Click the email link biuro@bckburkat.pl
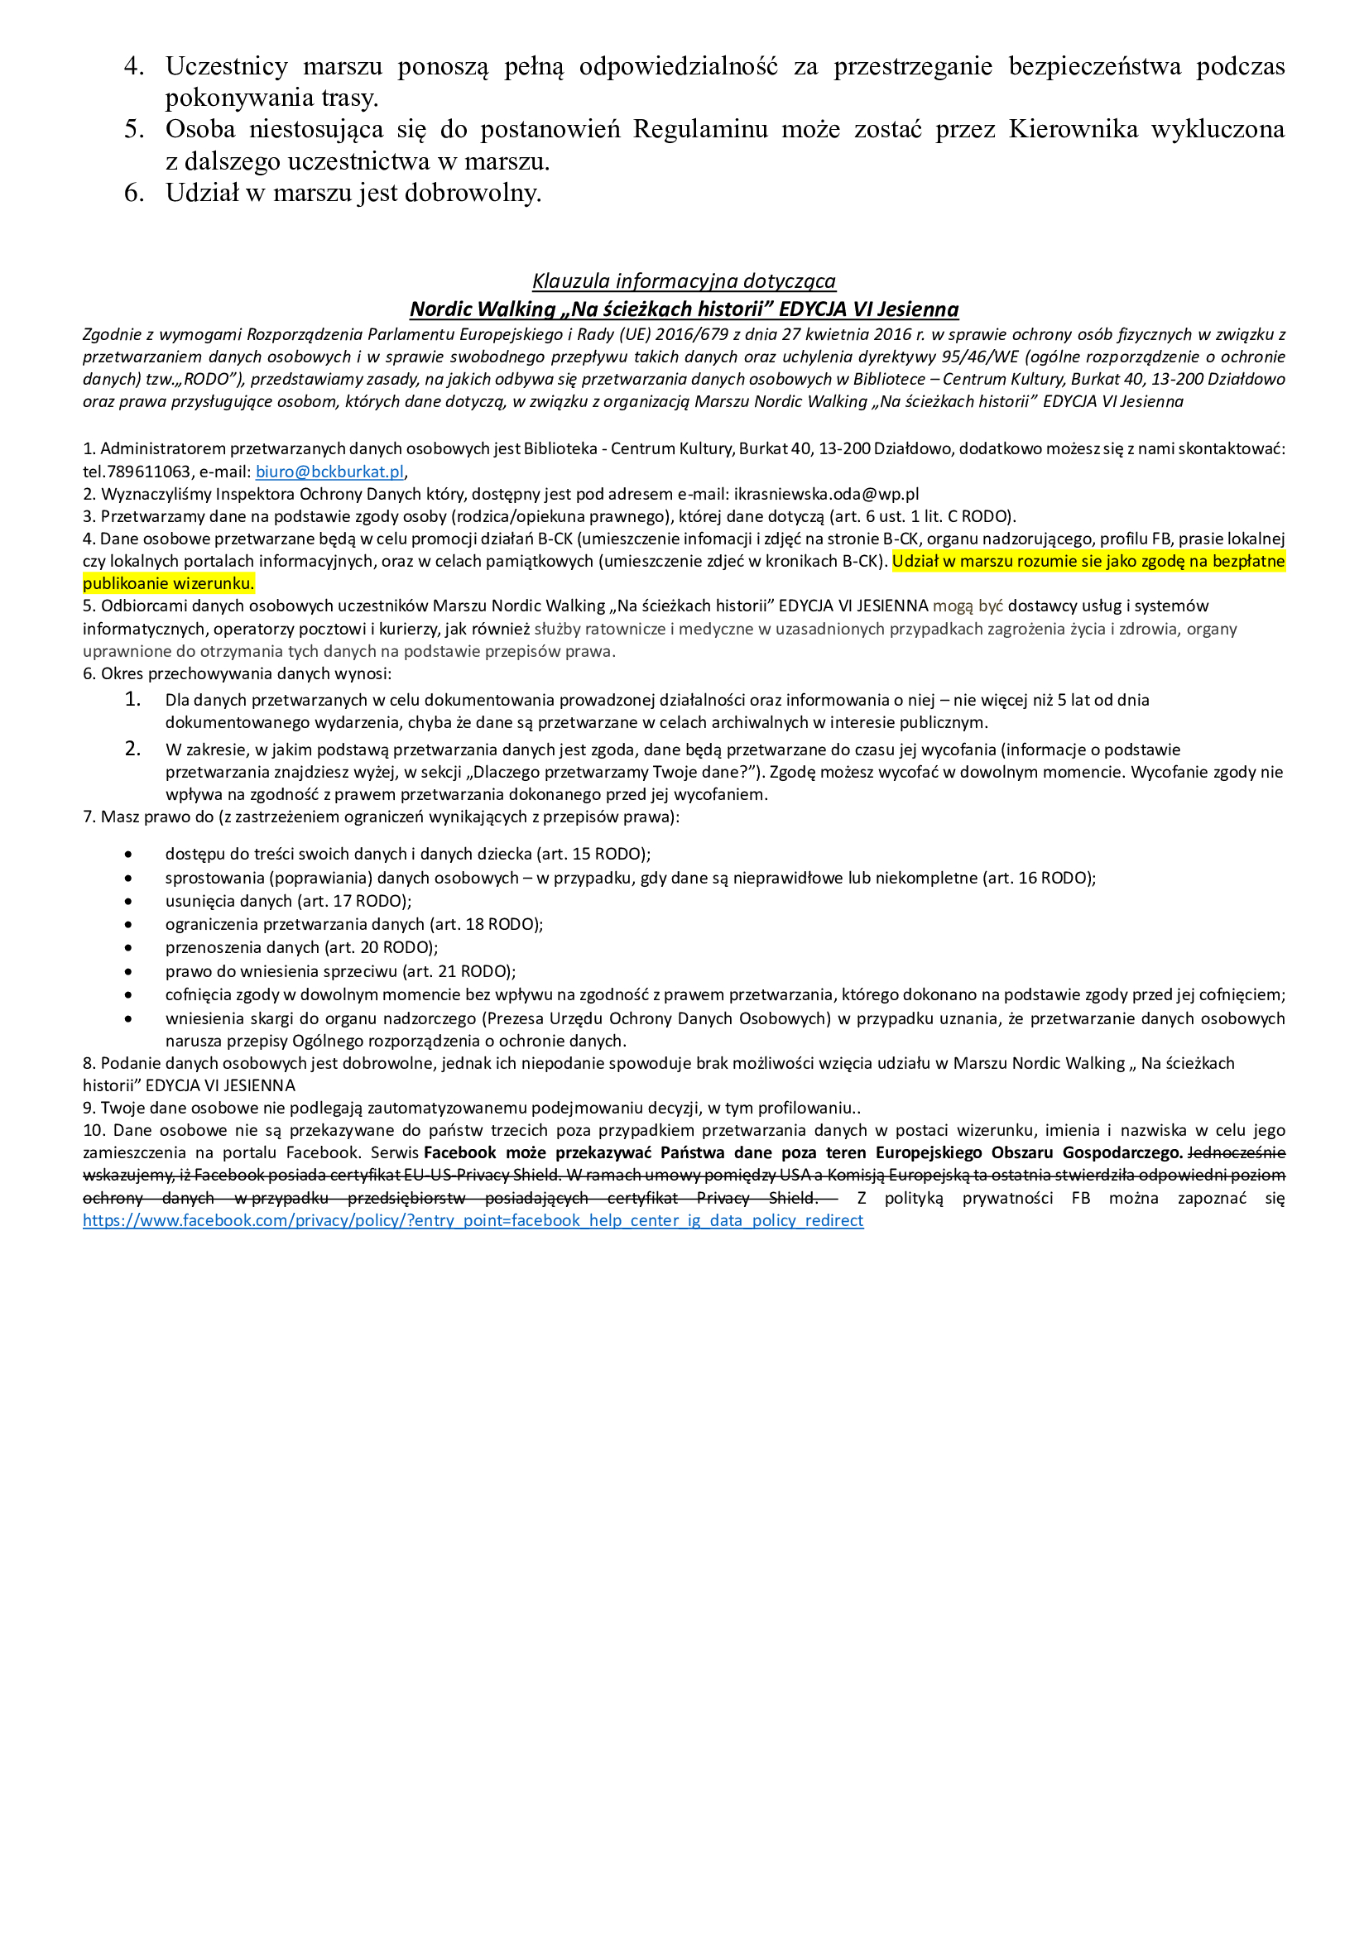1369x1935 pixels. (x=329, y=471)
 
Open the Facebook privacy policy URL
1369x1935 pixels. (x=473, y=1220)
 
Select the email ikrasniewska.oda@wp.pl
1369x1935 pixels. (x=826, y=494)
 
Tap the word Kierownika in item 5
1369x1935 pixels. (x=1074, y=129)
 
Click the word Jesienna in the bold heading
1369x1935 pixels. (x=917, y=309)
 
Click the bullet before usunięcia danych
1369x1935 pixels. (x=128, y=901)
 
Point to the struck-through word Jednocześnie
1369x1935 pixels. (x=1236, y=1152)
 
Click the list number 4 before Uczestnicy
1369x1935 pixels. (x=134, y=65)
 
